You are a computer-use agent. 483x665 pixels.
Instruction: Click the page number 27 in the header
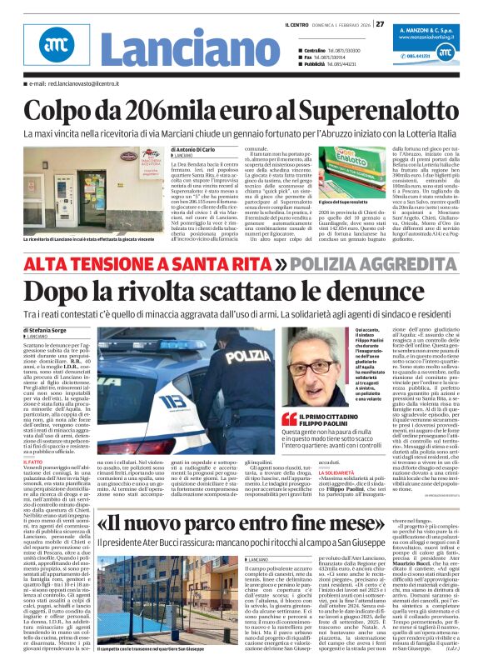click(379, 23)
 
